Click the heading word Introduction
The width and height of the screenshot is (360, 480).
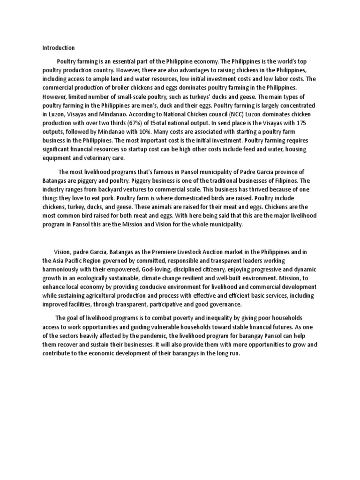[x=58, y=48]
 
